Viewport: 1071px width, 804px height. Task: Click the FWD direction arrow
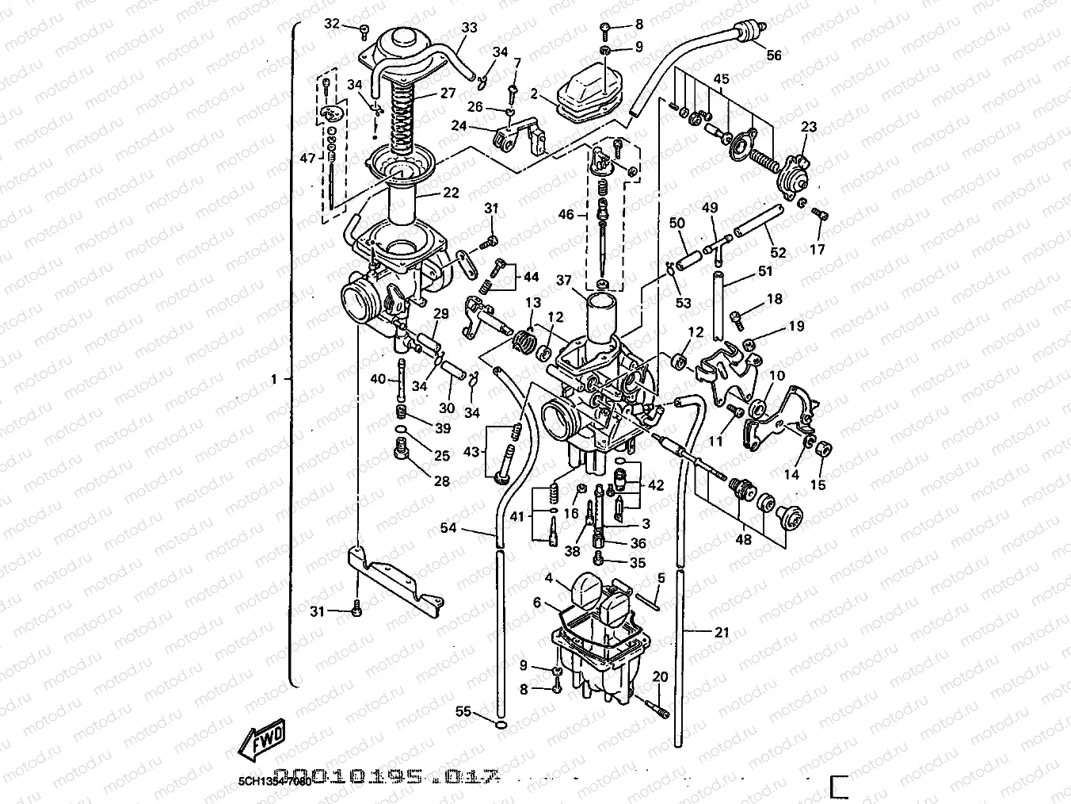point(261,742)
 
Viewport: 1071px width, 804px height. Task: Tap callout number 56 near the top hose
point(774,55)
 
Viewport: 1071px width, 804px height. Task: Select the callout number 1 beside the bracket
point(274,380)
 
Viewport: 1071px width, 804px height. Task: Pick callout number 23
point(808,127)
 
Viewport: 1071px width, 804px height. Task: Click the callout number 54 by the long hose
point(448,527)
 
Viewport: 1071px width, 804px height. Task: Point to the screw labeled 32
point(364,33)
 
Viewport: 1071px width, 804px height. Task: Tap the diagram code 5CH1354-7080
point(274,781)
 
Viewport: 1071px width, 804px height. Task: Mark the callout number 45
point(721,78)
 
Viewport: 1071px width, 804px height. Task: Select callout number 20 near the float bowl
point(660,676)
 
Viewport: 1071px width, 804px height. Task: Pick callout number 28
point(441,480)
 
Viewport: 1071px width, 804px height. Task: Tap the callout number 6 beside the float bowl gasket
point(537,603)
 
